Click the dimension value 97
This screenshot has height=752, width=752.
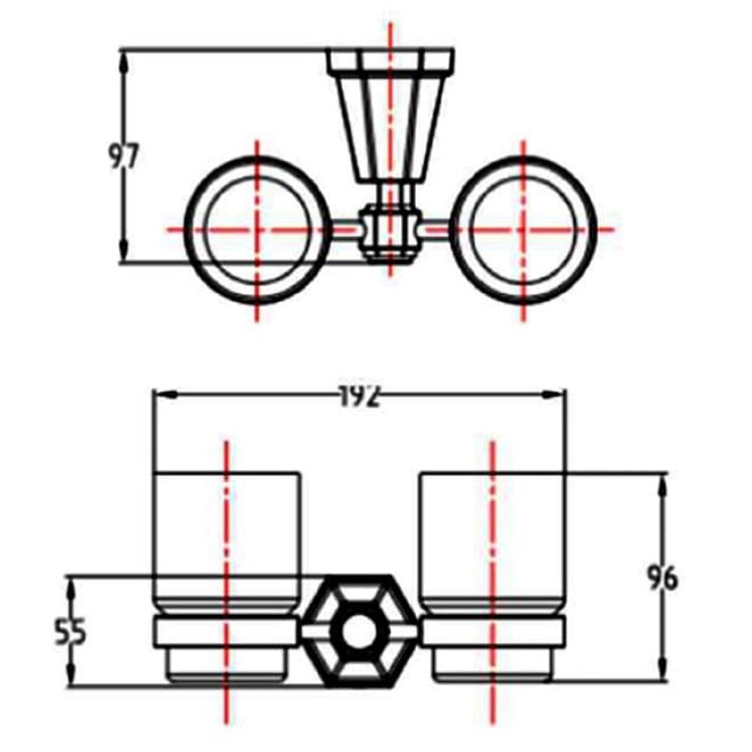pos(123,156)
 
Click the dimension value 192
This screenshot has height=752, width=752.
pos(359,396)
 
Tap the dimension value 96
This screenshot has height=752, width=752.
pos(663,578)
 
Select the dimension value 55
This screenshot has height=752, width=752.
pos(70,632)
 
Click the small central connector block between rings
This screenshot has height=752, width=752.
pos(390,232)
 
